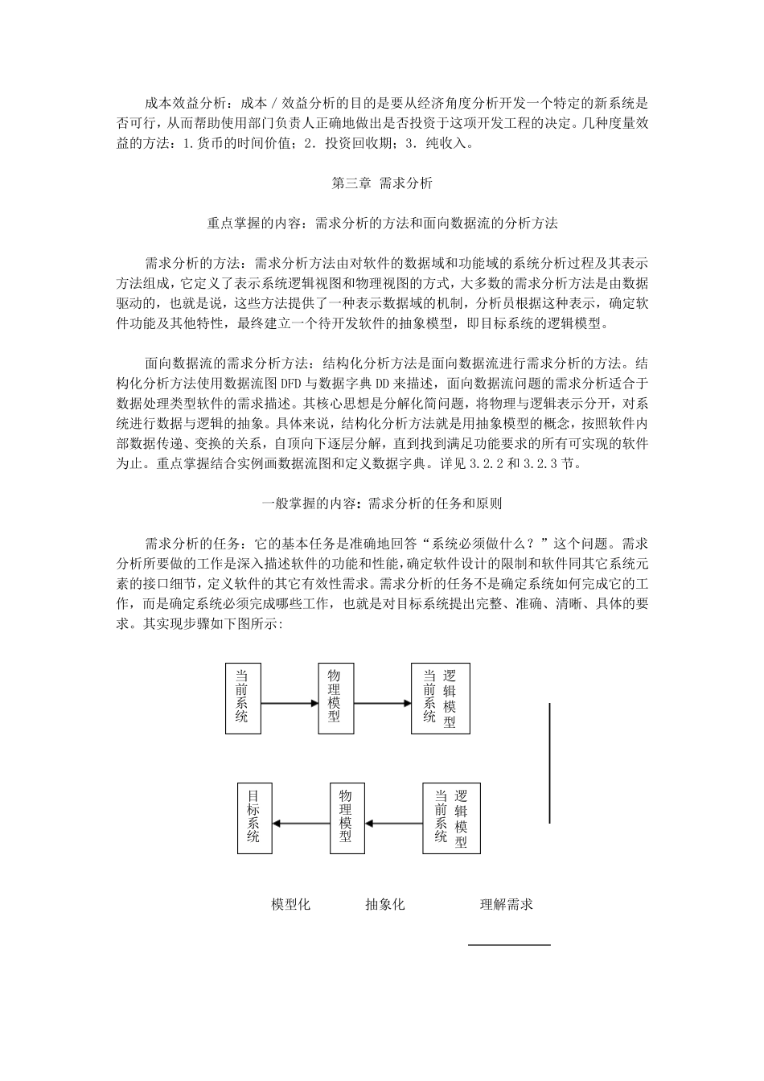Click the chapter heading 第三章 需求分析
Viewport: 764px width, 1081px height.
pyautogui.click(x=382, y=183)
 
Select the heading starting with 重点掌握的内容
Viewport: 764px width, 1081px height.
pyautogui.click(x=382, y=224)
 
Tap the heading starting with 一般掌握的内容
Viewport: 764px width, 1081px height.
pyautogui.click(x=382, y=504)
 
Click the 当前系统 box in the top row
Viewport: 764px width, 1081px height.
pyautogui.click(x=243, y=698)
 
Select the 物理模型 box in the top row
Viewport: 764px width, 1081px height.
pyautogui.click(x=335, y=698)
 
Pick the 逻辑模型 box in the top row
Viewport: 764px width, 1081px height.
pyautogui.click(x=440, y=698)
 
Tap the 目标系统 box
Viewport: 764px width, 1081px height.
pyautogui.click(x=254, y=818)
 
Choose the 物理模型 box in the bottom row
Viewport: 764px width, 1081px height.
pyautogui.click(x=347, y=818)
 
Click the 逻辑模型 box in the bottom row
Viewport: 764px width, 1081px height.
pyautogui.click(x=451, y=818)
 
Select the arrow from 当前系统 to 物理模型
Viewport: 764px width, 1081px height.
pyautogui.click(x=290, y=703)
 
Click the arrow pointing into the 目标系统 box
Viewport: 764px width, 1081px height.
pyautogui.click(x=302, y=823)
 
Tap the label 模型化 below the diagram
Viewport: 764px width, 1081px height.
pyautogui.click(x=291, y=904)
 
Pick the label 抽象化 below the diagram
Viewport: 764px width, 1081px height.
pyautogui.click(x=384, y=904)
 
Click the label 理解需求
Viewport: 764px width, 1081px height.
pyautogui.click(x=507, y=904)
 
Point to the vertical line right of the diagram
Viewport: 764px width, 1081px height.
pyautogui.click(x=549, y=762)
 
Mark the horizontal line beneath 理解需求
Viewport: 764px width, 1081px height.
pyautogui.click(x=509, y=945)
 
